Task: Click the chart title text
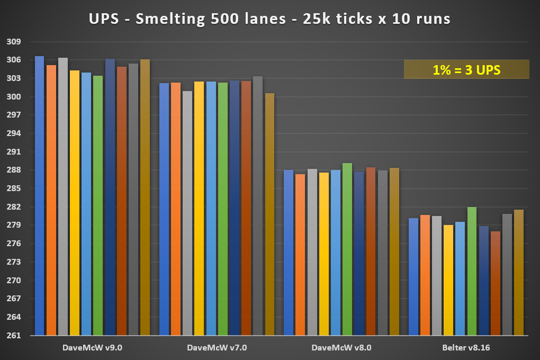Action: [x=269, y=19]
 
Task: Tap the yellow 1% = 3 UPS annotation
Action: [x=466, y=69]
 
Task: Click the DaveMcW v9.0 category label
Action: [x=92, y=348]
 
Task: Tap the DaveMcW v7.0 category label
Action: [x=217, y=348]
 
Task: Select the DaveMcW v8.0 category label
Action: [x=341, y=348]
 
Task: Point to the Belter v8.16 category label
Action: [x=466, y=348]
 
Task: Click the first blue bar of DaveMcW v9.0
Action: [x=40, y=196]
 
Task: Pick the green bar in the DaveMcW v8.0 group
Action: [x=347, y=249]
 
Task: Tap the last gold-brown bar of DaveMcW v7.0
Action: [x=269, y=214]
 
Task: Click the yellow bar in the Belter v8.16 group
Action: [x=448, y=280]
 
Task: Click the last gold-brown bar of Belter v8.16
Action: [x=518, y=273]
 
